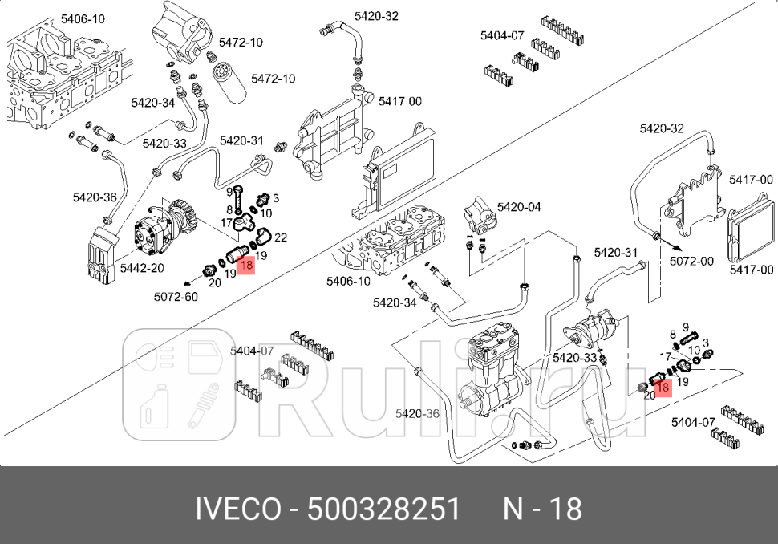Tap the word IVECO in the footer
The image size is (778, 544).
click(238, 509)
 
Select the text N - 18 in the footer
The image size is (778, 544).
click(542, 509)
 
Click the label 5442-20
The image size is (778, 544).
click(143, 269)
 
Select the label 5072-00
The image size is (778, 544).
click(692, 261)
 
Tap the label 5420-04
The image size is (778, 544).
click(519, 207)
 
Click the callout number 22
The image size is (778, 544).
click(281, 238)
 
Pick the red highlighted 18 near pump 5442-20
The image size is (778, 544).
click(246, 263)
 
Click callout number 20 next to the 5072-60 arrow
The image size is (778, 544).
click(214, 282)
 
